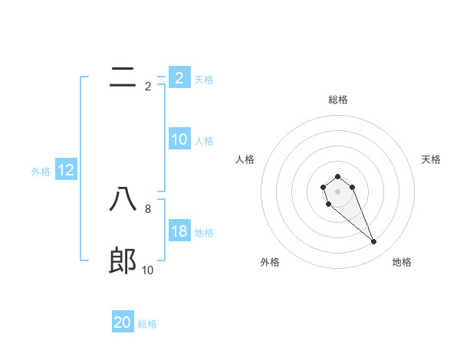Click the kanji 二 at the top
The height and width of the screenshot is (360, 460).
(123, 77)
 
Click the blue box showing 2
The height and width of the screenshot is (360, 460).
(179, 77)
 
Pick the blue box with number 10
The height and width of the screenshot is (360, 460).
(179, 139)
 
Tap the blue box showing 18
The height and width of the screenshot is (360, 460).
(179, 232)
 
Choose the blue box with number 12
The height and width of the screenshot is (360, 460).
(65, 170)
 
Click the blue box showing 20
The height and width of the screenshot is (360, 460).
(123, 322)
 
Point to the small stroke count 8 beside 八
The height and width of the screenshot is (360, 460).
(148, 208)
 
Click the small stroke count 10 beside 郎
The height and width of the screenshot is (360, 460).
(148, 270)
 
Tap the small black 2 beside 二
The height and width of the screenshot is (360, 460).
(148, 87)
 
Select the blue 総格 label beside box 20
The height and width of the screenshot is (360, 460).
(147, 324)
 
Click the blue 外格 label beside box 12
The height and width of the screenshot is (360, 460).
(41, 172)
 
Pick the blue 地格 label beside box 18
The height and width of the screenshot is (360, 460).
(204, 233)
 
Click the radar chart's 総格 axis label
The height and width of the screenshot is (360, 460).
(337, 100)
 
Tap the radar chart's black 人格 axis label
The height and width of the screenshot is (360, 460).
(245, 159)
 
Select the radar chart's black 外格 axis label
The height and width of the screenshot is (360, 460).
(270, 262)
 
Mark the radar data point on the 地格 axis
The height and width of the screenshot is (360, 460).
(374, 242)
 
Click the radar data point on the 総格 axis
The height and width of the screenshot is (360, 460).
(337, 177)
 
